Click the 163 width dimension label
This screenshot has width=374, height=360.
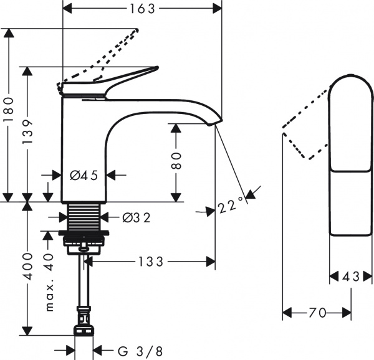click(x=143, y=8)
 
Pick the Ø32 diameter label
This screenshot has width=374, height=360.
click(x=135, y=217)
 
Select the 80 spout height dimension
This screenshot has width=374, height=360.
click(x=176, y=161)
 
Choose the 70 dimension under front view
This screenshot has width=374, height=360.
click(x=317, y=313)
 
